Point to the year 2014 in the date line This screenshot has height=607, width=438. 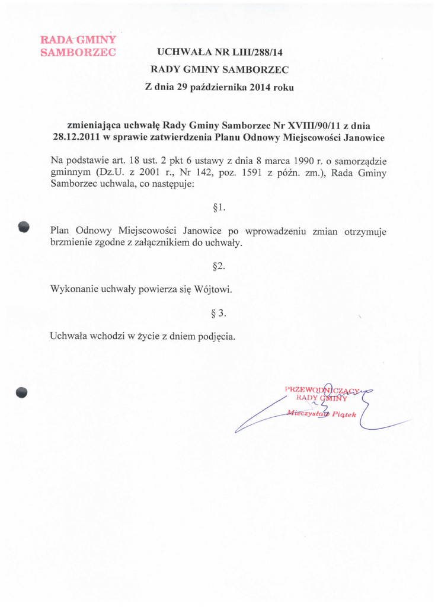coord(261,87)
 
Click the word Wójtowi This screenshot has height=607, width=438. coord(212,290)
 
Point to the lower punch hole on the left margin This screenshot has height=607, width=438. coord(23,391)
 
